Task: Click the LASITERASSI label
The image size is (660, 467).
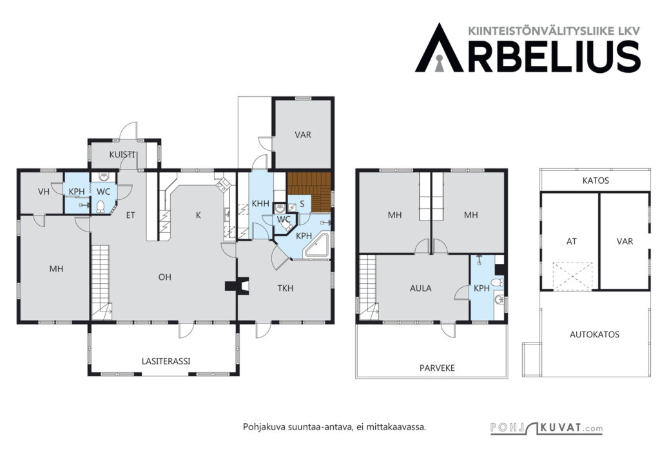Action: (166, 361)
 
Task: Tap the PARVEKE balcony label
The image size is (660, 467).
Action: (437, 368)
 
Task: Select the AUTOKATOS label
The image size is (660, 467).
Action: (594, 335)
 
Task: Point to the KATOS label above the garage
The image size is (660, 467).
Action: (596, 181)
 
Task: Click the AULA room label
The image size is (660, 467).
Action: (420, 288)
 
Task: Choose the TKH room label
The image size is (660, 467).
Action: (286, 288)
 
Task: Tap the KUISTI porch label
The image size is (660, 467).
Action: (122, 155)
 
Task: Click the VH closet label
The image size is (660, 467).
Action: (44, 192)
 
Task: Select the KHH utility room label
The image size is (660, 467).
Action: (260, 204)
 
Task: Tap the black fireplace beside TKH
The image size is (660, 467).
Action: (237, 286)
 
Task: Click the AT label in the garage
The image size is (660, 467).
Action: (571, 242)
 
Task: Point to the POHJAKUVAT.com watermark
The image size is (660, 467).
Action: (547, 428)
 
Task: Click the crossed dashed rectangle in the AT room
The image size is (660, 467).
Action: (572, 276)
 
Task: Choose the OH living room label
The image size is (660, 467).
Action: (164, 277)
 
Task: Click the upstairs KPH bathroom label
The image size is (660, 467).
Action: (481, 288)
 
